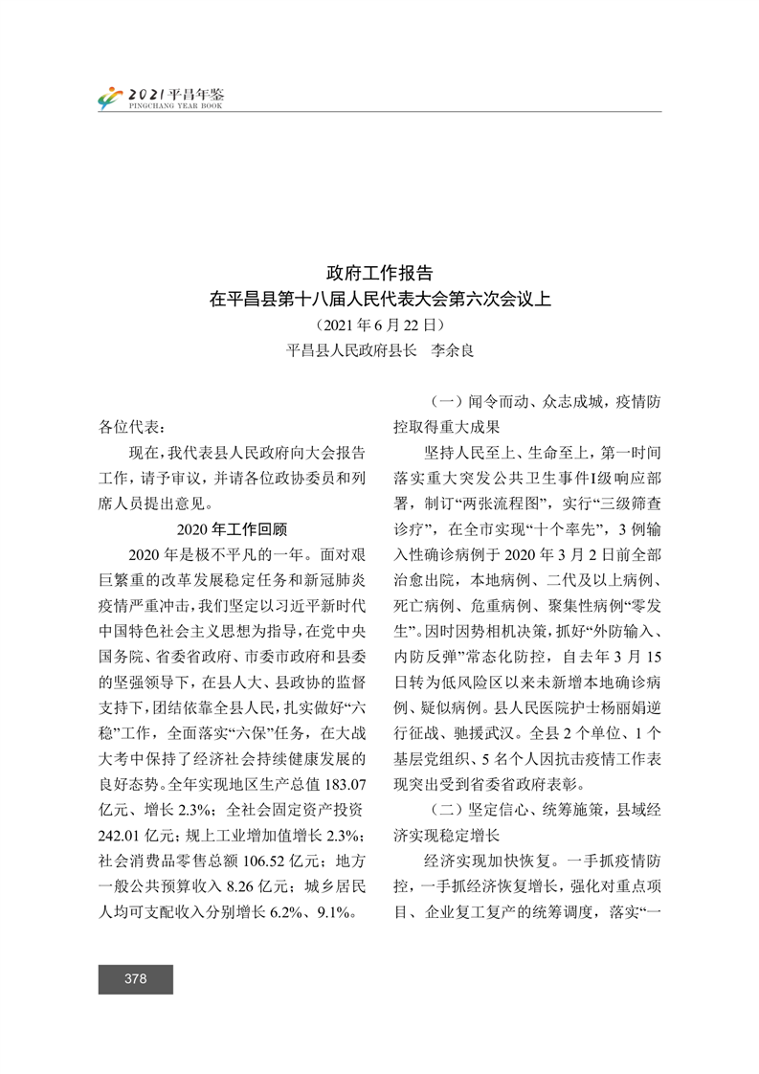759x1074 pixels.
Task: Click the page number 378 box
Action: pos(135,978)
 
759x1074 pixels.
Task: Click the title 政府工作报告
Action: pos(380,274)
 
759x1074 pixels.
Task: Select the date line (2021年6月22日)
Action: pos(380,324)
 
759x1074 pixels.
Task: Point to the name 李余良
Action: pos(452,350)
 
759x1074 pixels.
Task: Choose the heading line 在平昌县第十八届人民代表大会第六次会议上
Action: pos(380,300)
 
